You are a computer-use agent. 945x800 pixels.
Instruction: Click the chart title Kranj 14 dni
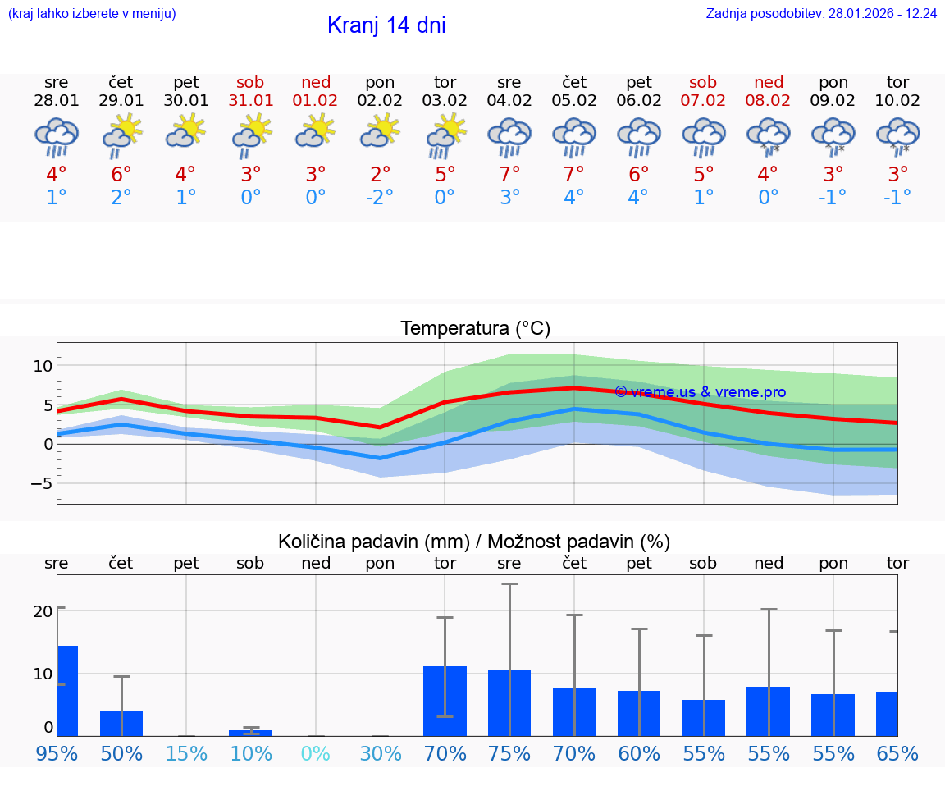click(386, 25)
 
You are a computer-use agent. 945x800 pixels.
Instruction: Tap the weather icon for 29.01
click(121, 135)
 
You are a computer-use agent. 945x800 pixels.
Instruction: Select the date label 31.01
click(251, 101)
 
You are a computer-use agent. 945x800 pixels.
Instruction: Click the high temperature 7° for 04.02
click(509, 175)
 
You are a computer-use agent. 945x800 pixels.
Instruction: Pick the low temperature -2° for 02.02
click(380, 198)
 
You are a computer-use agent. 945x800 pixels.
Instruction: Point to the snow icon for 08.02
click(769, 136)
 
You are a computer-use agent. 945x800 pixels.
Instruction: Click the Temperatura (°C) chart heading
click(475, 329)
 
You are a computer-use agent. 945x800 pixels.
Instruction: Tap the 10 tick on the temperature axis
click(43, 365)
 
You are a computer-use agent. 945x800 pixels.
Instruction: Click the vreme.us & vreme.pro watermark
click(700, 392)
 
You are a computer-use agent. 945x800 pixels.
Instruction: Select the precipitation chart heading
click(474, 542)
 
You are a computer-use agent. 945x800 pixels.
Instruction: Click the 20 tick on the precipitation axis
click(43, 611)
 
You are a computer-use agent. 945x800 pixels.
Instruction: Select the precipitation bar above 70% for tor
click(445, 702)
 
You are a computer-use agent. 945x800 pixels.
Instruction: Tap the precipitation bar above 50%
click(121, 723)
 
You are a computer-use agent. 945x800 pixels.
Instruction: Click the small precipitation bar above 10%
click(251, 733)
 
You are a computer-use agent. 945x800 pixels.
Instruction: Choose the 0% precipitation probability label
click(316, 754)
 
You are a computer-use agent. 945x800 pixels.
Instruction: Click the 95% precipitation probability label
click(57, 754)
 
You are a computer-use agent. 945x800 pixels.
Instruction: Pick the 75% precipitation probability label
click(509, 754)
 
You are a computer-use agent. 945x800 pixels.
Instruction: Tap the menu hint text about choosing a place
click(92, 14)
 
